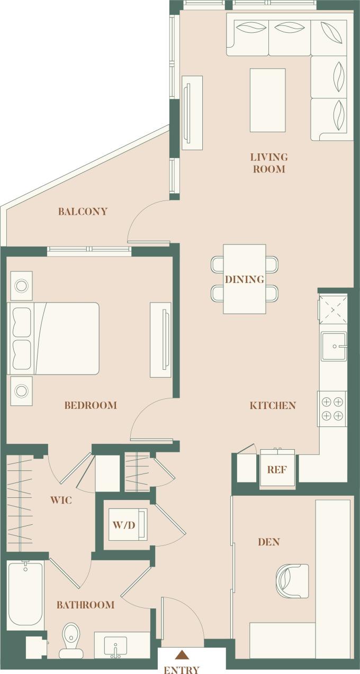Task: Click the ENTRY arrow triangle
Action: [182, 655]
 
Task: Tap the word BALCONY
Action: [83, 212]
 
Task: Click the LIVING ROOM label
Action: [269, 163]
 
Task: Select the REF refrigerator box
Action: [277, 468]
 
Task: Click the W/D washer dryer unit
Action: [128, 524]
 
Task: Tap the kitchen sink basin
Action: [334, 347]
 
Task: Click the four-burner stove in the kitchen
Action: [332, 408]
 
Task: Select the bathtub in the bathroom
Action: [25, 595]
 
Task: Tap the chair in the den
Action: [292, 581]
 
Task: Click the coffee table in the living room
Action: [267, 100]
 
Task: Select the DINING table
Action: [244, 279]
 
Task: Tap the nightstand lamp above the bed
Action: [21, 286]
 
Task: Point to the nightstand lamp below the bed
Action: [21, 391]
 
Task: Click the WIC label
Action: [61, 500]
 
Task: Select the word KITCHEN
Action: [273, 406]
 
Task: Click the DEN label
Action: [268, 542]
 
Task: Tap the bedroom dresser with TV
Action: [160, 340]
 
